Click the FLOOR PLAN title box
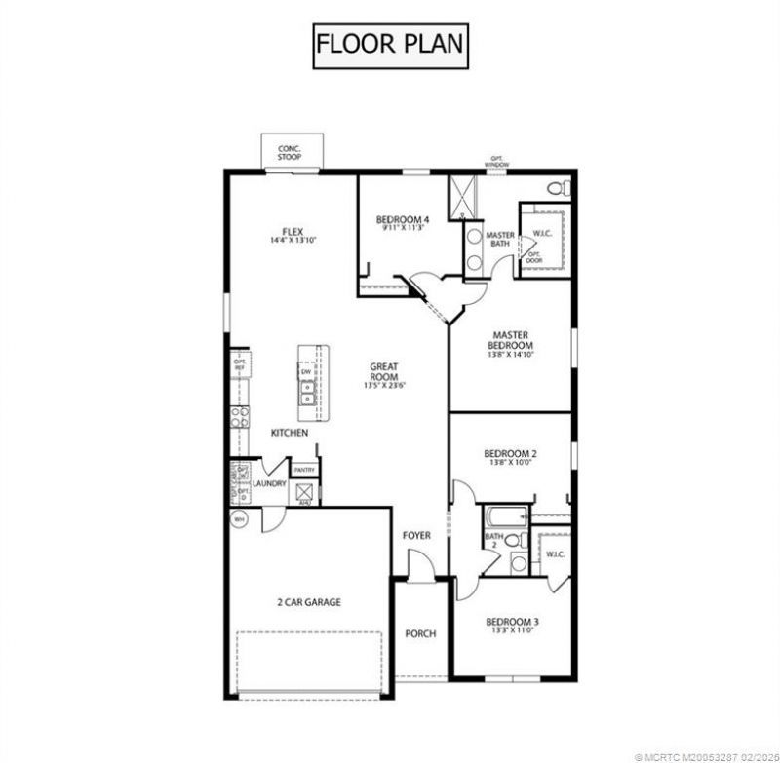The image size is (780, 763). click(x=389, y=44)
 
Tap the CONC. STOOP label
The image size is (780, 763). click(x=290, y=152)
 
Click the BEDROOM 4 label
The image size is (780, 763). click(x=403, y=220)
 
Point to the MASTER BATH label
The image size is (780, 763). click(x=500, y=240)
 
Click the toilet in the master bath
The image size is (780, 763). click(x=557, y=187)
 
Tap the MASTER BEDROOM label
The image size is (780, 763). click(x=510, y=340)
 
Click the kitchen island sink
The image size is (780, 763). click(x=306, y=393)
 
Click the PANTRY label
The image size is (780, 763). click(x=303, y=470)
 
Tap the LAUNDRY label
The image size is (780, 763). click(x=268, y=483)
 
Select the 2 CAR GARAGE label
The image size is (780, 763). click(x=308, y=602)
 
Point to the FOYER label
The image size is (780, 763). click(x=416, y=535)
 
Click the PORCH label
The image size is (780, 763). click(x=420, y=633)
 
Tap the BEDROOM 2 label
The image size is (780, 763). click(x=510, y=454)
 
